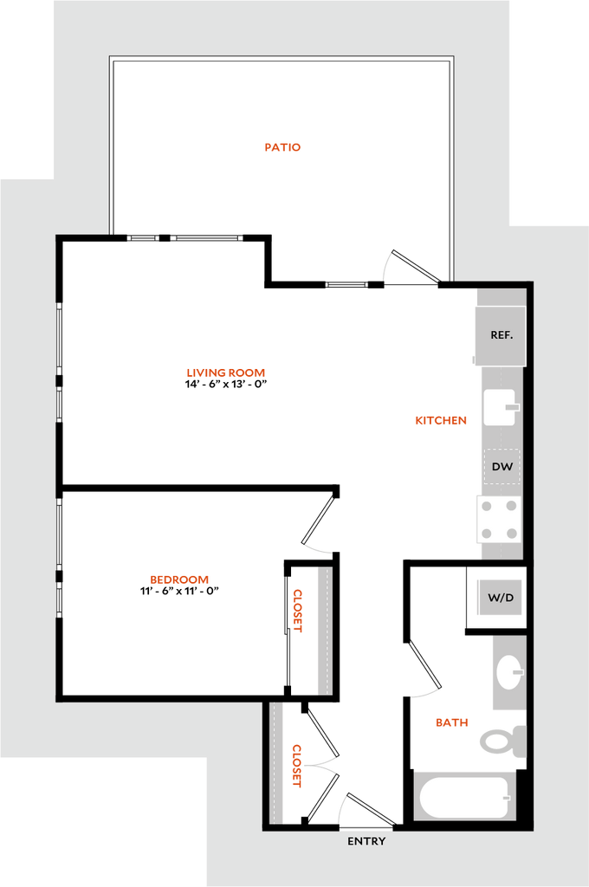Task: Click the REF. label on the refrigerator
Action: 502,335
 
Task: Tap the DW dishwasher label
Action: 502,467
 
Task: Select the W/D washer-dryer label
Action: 500,598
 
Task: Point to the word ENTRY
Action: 366,841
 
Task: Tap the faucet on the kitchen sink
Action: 512,406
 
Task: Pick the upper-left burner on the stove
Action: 488,506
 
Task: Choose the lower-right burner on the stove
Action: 512,533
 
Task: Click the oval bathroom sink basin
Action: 509,672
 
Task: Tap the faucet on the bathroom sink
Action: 517,671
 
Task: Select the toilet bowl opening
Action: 495,741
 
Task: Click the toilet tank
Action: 519,741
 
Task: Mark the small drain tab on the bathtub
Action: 507,797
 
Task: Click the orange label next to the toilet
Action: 451,722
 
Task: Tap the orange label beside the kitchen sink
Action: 441,420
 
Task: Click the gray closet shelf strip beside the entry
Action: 277,762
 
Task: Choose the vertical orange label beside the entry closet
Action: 297,765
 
